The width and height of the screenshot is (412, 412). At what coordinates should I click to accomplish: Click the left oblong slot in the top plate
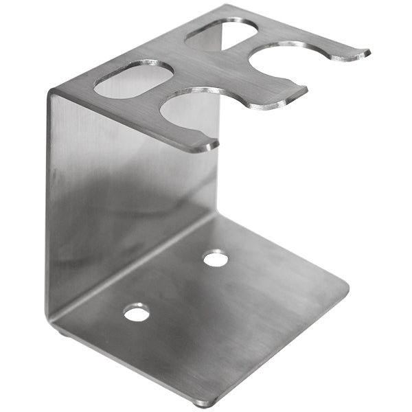click(x=133, y=78)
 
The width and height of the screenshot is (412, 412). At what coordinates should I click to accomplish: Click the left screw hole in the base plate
click(x=136, y=313)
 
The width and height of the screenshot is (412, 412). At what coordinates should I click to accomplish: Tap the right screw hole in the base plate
click(x=216, y=259)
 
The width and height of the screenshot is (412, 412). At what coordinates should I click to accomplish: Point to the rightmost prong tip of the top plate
click(x=365, y=52)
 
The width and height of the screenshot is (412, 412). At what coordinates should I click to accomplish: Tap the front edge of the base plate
click(x=275, y=343)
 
